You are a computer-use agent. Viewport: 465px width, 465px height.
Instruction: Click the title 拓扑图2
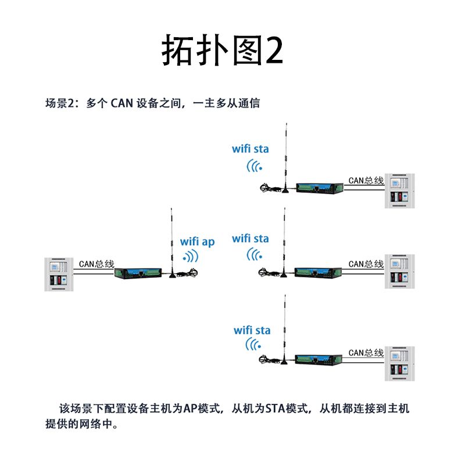222,51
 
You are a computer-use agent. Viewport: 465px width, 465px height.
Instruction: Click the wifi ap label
197,241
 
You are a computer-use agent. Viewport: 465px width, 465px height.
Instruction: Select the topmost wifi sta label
251,149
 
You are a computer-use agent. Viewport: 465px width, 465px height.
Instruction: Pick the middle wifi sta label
251,238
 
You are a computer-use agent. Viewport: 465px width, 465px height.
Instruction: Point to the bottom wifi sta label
252,330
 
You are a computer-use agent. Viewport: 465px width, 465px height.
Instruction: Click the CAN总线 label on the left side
95,264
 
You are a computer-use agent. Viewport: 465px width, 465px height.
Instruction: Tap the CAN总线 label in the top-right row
366,180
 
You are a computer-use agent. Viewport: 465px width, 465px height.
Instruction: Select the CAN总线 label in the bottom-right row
366,352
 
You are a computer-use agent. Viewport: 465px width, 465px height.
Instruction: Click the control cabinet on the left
58,274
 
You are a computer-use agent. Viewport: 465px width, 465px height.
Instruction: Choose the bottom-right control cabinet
400,363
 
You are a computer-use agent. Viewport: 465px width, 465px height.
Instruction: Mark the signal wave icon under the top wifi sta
255,166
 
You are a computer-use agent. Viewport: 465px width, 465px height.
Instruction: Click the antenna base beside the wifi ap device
173,274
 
